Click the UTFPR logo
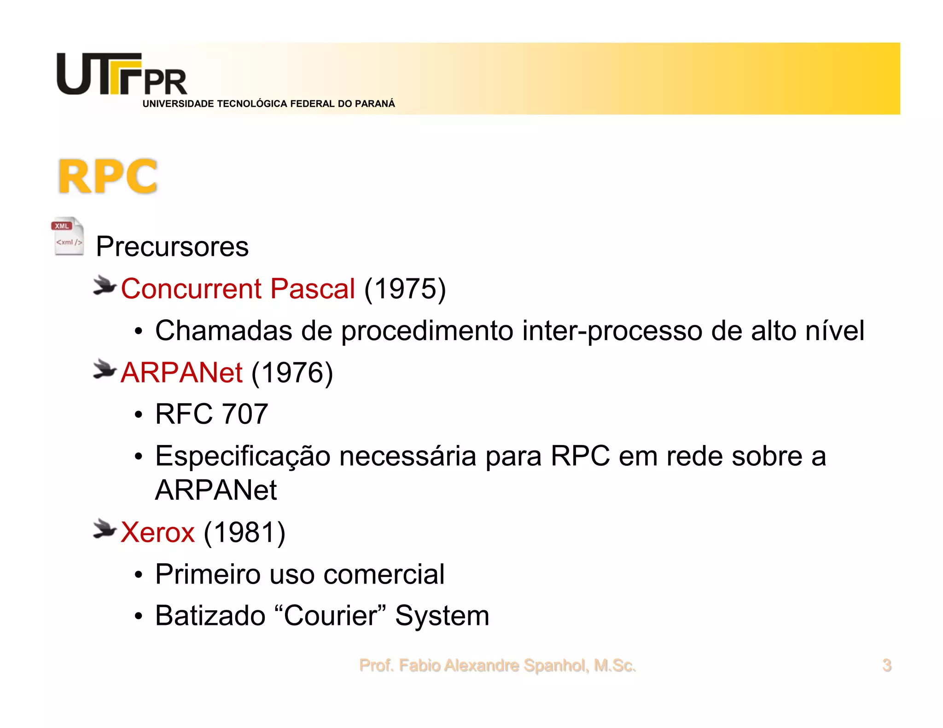coord(122,75)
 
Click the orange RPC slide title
coord(108,177)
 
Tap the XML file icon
coord(68,236)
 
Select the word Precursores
coord(172,247)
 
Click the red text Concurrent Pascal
coord(238,289)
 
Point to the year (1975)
coord(405,289)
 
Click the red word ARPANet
coord(181,372)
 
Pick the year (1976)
coord(292,372)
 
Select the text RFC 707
coord(211,414)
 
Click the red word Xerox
coord(157,532)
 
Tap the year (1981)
coord(244,532)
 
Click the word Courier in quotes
coord(331,616)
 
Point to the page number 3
coord(886,665)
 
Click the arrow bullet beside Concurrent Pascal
coord(105,286)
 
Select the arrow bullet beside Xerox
coord(105,529)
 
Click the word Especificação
coord(243,456)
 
